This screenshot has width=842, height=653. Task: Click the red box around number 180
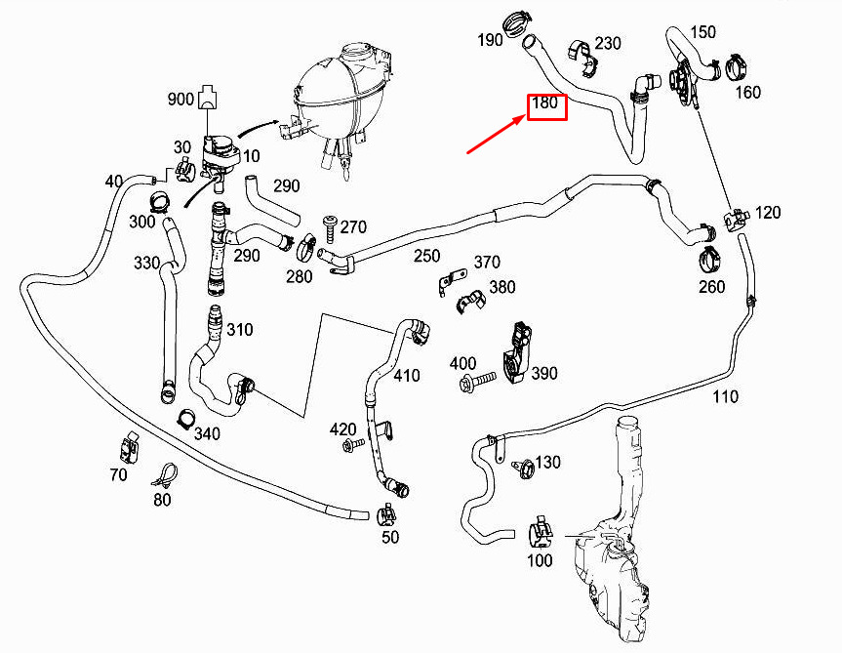(547, 94)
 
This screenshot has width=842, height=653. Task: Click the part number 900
(180, 100)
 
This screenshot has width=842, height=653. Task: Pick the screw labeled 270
(329, 229)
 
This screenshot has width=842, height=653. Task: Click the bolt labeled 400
(478, 382)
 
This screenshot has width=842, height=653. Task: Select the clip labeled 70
(129, 447)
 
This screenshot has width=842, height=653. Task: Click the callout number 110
(726, 397)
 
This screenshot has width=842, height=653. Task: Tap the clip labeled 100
(541, 533)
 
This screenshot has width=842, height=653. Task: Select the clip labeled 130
(523, 469)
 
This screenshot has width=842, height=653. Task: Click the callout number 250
(427, 256)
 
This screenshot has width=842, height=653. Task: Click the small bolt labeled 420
(353, 443)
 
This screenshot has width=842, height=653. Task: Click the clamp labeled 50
(387, 515)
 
